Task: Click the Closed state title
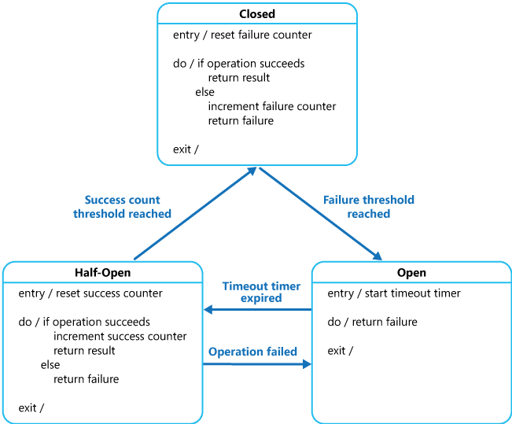(x=257, y=14)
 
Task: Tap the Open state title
(x=411, y=273)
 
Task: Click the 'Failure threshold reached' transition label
(x=369, y=207)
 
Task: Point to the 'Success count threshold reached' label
(x=123, y=207)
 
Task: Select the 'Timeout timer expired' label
(x=252, y=292)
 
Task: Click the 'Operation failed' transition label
(x=252, y=352)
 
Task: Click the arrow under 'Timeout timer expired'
(x=257, y=310)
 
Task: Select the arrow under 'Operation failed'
(x=257, y=363)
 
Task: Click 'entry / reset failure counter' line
(x=242, y=35)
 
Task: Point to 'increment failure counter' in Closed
(x=271, y=106)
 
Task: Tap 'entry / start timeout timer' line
(x=394, y=293)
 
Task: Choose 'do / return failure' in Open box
(x=373, y=322)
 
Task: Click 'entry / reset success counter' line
(x=90, y=293)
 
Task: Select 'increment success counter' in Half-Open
(x=120, y=336)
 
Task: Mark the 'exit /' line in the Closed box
(x=186, y=149)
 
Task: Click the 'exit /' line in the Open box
(x=341, y=350)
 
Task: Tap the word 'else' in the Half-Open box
(x=50, y=365)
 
